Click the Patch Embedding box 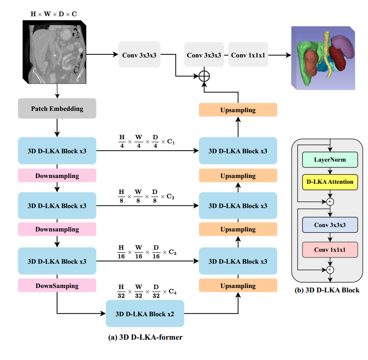(x=57, y=108)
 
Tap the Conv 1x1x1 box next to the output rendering (x=248, y=55)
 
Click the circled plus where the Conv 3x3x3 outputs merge (x=204, y=76)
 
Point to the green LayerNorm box (x=330, y=159)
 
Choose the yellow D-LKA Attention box (x=330, y=182)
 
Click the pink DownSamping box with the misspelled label (x=57, y=286)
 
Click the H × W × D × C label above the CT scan (x=53, y=14)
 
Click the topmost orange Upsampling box (x=238, y=110)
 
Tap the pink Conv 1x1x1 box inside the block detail (x=330, y=250)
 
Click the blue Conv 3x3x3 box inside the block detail (x=330, y=225)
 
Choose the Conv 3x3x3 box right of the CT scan (x=139, y=55)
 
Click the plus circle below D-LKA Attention (x=330, y=202)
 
